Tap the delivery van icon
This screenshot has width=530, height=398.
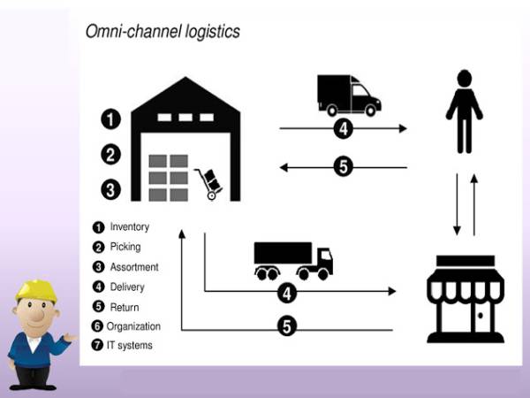[348, 95]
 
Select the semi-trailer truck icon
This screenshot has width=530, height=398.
[293, 259]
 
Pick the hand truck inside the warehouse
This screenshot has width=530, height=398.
[209, 183]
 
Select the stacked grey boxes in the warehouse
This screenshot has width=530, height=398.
[168, 177]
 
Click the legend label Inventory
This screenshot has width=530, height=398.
[129, 227]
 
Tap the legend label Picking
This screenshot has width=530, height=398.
[125, 247]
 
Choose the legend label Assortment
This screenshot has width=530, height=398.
[134, 267]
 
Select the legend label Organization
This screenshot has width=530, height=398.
[133, 326]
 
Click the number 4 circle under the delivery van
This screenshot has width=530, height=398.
[344, 129]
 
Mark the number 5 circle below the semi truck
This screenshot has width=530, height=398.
[286, 326]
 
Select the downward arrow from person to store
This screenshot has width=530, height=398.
[457, 204]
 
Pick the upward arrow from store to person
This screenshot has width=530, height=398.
[474, 204]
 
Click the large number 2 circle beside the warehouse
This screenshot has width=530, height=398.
[110, 154]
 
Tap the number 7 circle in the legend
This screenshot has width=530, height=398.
[98, 346]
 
